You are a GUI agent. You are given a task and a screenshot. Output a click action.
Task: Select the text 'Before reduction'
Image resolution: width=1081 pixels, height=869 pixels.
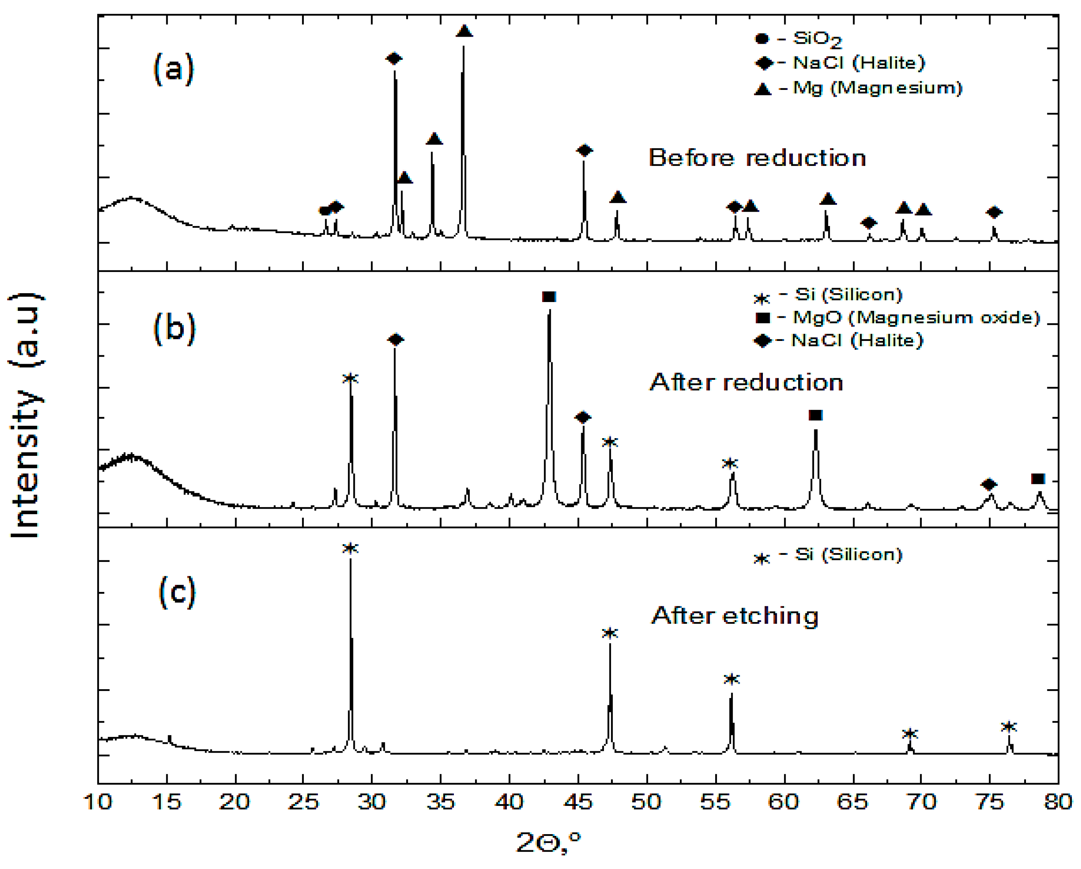pos(757,158)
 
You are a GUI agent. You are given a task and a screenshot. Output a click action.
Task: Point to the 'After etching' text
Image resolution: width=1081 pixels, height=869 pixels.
pos(735,615)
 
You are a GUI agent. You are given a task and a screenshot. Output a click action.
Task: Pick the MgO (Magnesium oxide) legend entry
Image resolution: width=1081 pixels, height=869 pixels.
pos(898,317)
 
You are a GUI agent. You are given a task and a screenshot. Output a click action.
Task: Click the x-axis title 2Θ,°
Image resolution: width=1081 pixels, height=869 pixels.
pos(549,843)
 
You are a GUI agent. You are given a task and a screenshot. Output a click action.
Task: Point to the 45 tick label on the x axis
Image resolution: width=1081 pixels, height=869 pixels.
pos(578,802)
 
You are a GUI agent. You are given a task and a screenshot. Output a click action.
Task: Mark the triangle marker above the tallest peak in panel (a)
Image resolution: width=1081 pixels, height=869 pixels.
pos(464,31)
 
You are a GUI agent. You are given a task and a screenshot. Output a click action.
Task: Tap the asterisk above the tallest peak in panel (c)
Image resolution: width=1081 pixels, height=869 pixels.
pos(350,549)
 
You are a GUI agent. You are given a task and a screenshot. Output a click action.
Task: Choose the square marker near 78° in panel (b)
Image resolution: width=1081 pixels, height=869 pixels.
pos(1038,479)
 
